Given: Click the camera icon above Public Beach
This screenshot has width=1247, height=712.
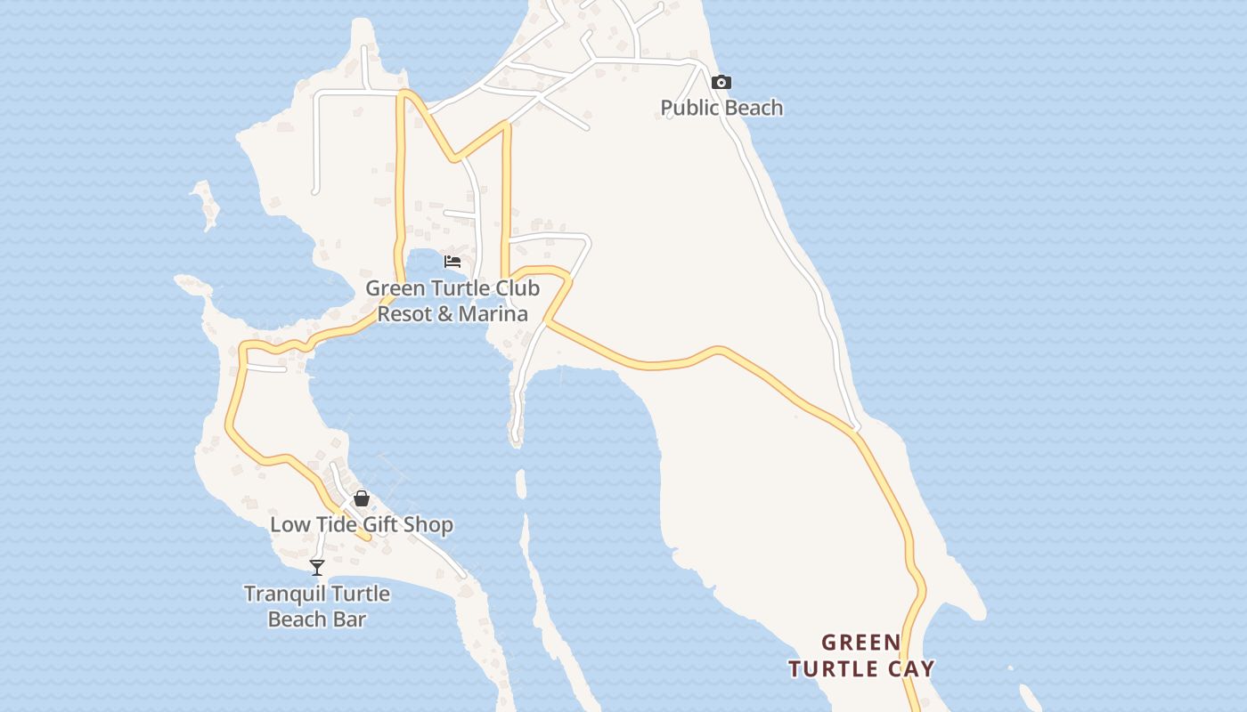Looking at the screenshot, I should pyautogui.click(x=721, y=83).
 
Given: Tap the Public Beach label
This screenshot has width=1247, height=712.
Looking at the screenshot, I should pyautogui.click(x=721, y=108).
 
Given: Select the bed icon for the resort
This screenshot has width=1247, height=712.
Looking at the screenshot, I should pyautogui.click(x=452, y=262).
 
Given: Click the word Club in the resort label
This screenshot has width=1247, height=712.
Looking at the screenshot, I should pyautogui.click(x=517, y=288).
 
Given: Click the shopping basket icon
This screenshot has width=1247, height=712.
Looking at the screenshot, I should pyautogui.click(x=362, y=498).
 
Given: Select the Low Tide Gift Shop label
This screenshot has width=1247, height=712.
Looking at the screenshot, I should pyautogui.click(x=362, y=524).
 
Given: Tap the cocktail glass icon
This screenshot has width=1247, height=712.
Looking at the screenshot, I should pyautogui.click(x=317, y=567).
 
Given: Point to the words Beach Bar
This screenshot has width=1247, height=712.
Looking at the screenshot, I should pyautogui.click(x=317, y=619).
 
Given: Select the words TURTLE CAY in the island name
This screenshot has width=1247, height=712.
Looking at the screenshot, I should pyautogui.click(x=862, y=668).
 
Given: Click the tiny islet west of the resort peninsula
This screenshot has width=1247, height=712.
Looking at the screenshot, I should pyautogui.click(x=207, y=203).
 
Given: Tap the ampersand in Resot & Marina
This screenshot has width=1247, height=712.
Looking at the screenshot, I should pyautogui.click(x=446, y=313).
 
